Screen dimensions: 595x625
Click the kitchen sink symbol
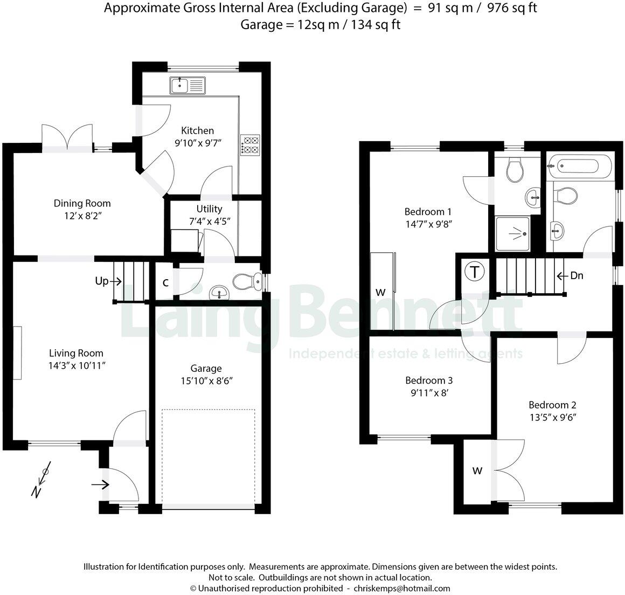coord(188,85)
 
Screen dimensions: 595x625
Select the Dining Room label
coord(82,203)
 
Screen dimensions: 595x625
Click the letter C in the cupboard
coord(165,282)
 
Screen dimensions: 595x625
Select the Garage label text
coord(206,368)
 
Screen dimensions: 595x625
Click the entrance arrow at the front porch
coord(100,485)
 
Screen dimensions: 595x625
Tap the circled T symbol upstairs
coord(474,271)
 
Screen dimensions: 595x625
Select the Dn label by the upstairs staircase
coord(576,276)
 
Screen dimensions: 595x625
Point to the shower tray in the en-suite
coord(513,234)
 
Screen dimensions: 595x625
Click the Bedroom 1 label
coord(428,211)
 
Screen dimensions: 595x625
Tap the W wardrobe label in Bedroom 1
coord(380,292)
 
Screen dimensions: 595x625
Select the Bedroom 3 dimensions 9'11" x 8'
coord(429,393)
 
